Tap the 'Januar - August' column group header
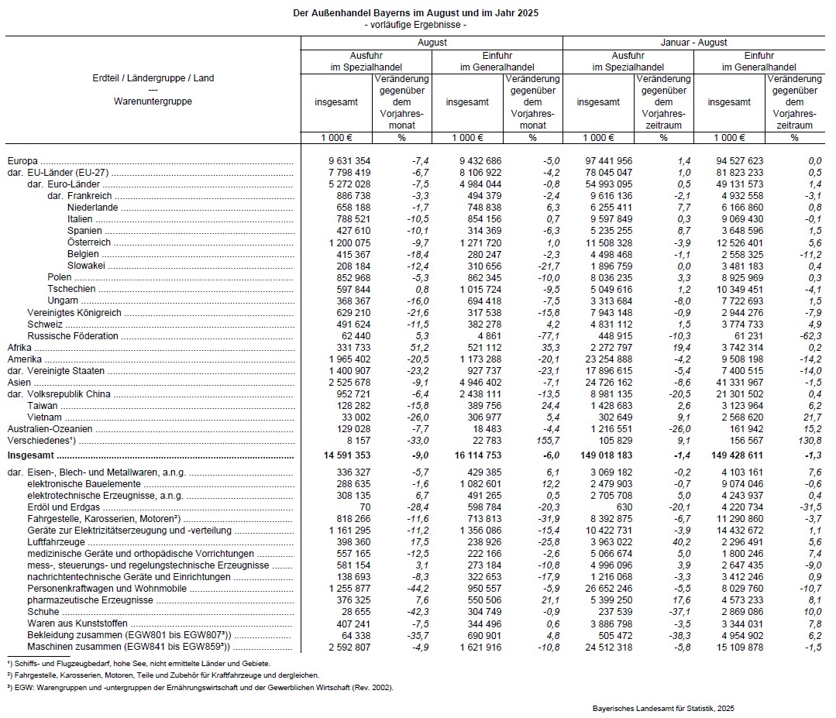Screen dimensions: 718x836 point(693,43)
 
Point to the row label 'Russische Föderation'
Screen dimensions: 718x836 point(73,336)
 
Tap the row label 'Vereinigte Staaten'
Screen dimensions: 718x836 point(67,371)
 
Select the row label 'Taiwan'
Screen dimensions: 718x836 point(41,406)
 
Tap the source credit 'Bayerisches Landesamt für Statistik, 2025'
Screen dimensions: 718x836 point(663,708)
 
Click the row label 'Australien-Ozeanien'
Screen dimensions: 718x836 point(50,428)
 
